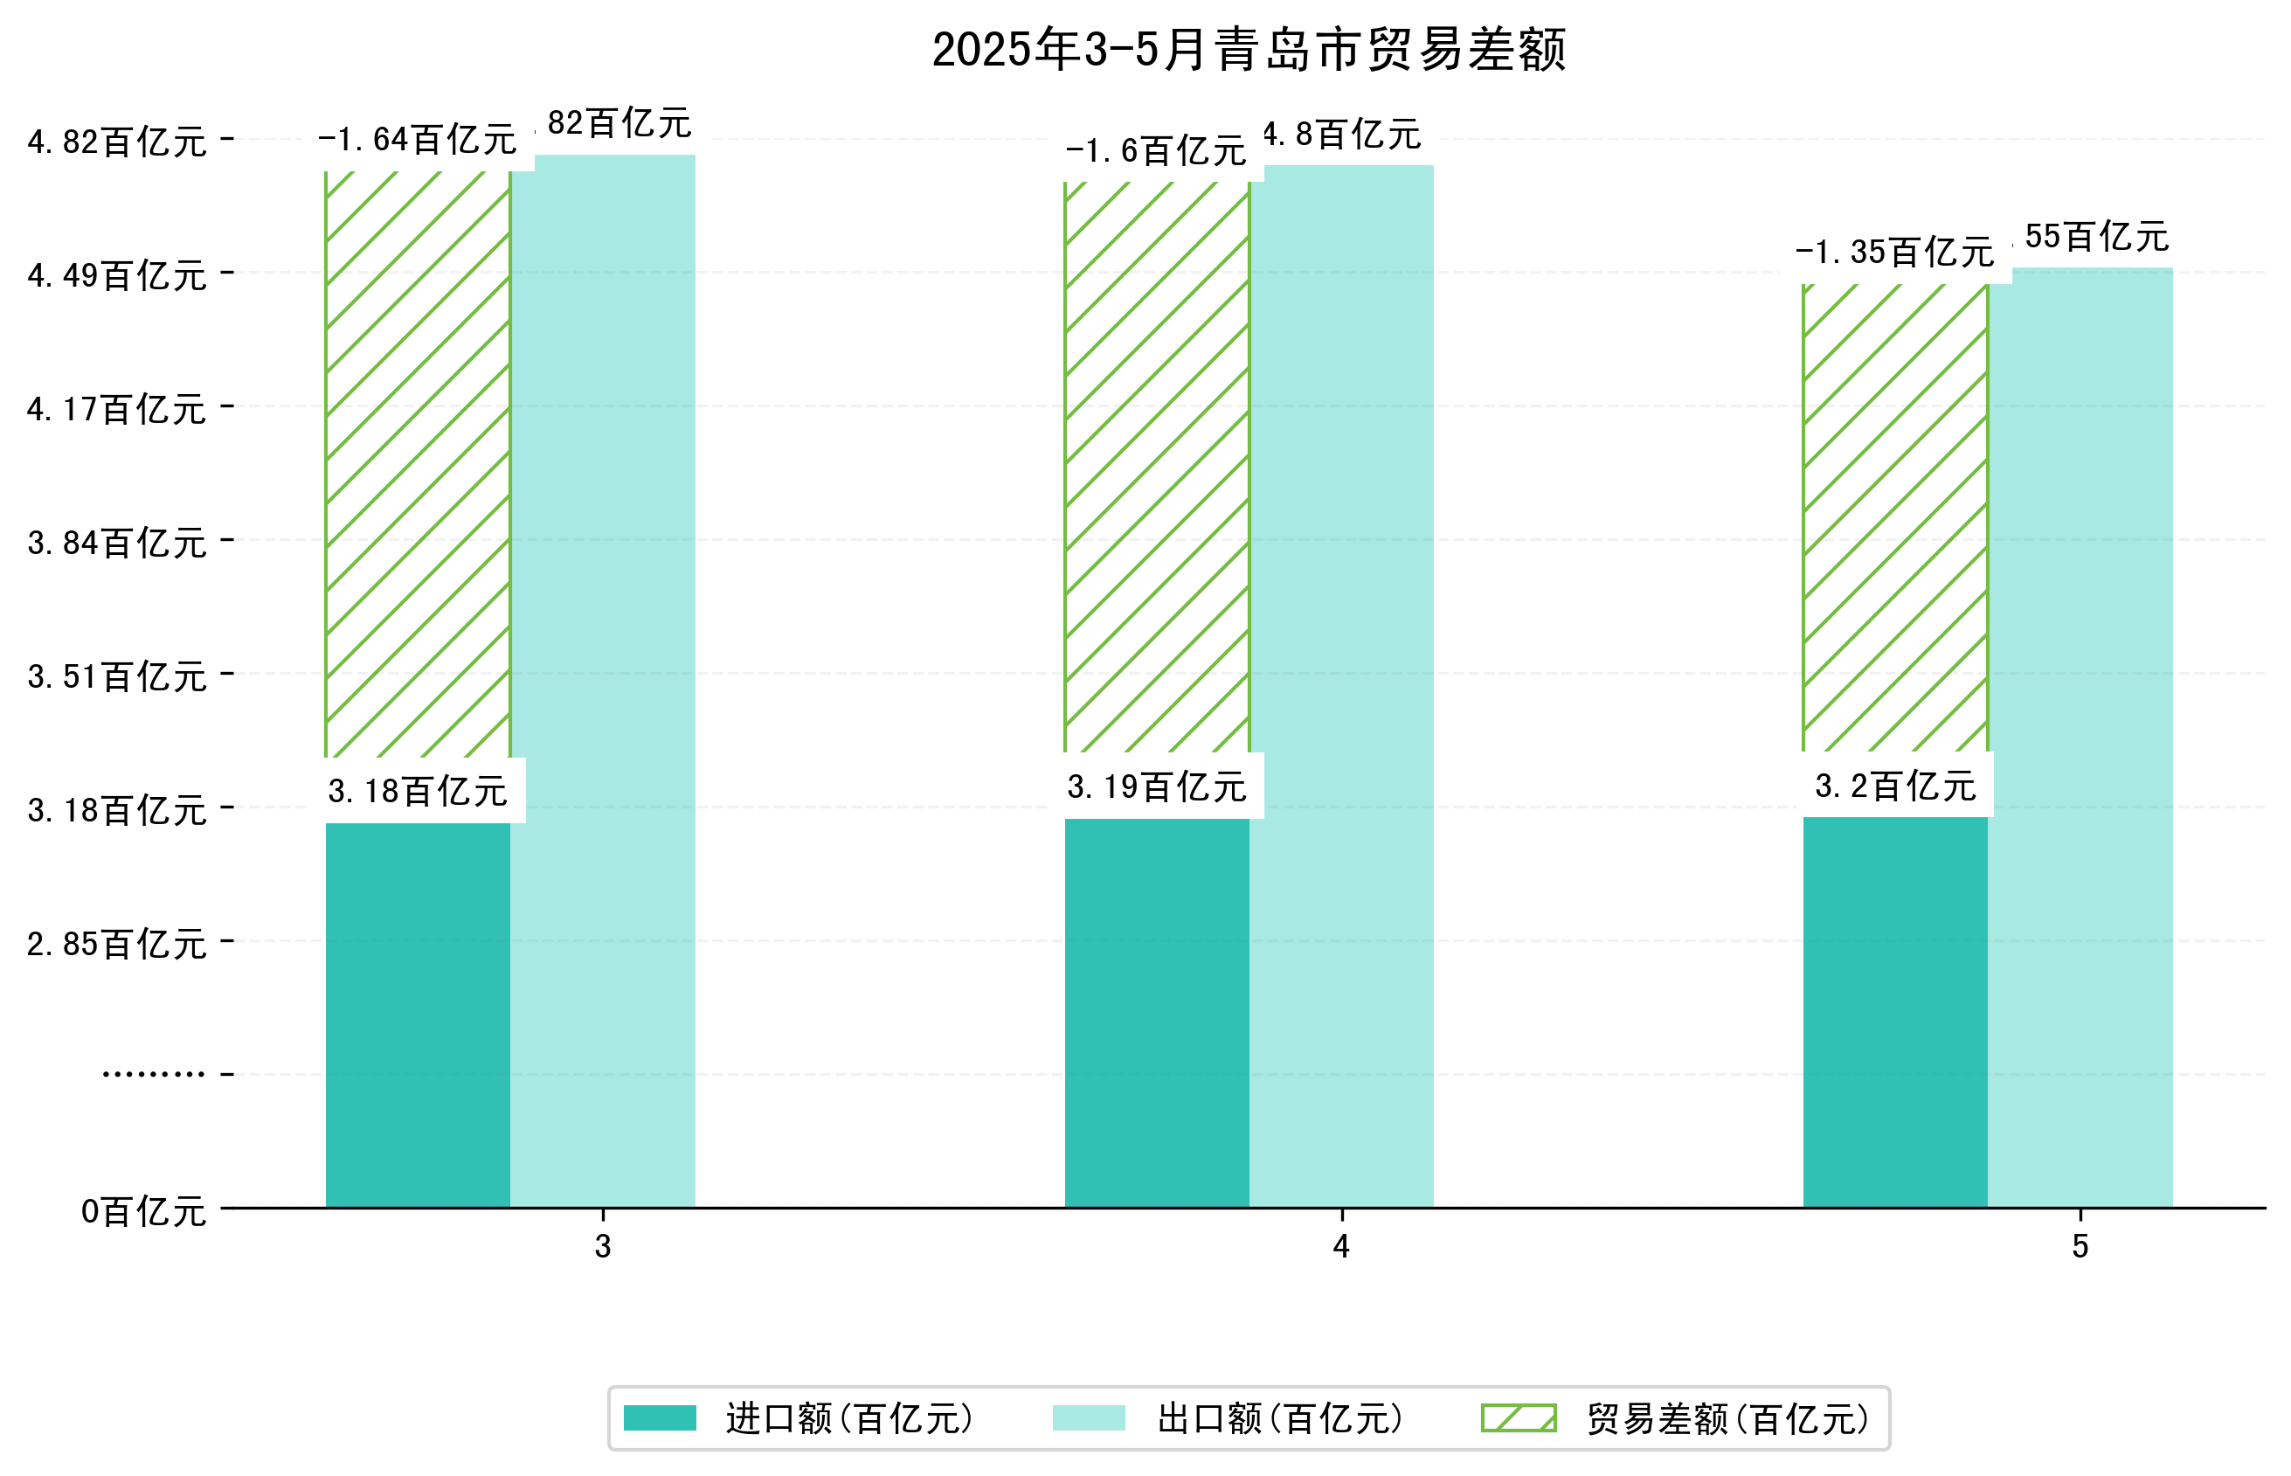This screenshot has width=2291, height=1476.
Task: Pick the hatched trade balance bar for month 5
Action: tap(1893, 517)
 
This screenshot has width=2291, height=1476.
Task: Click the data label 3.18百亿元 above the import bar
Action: tap(417, 792)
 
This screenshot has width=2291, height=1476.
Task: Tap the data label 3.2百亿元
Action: tap(1894, 787)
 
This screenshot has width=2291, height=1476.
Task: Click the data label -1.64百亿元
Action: tap(417, 141)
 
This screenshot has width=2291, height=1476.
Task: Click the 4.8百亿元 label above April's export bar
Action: tap(1341, 135)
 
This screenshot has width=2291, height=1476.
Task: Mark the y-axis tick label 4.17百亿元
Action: tap(116, 410)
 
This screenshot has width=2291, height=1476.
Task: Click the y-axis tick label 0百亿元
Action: tap(142, 1212)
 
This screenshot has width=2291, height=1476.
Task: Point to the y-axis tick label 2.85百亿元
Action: tap(116, 945)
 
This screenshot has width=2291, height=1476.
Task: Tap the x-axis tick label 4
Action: tap(1340, 1246)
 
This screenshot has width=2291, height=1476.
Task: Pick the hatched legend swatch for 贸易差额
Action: tap(1518, 1418)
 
